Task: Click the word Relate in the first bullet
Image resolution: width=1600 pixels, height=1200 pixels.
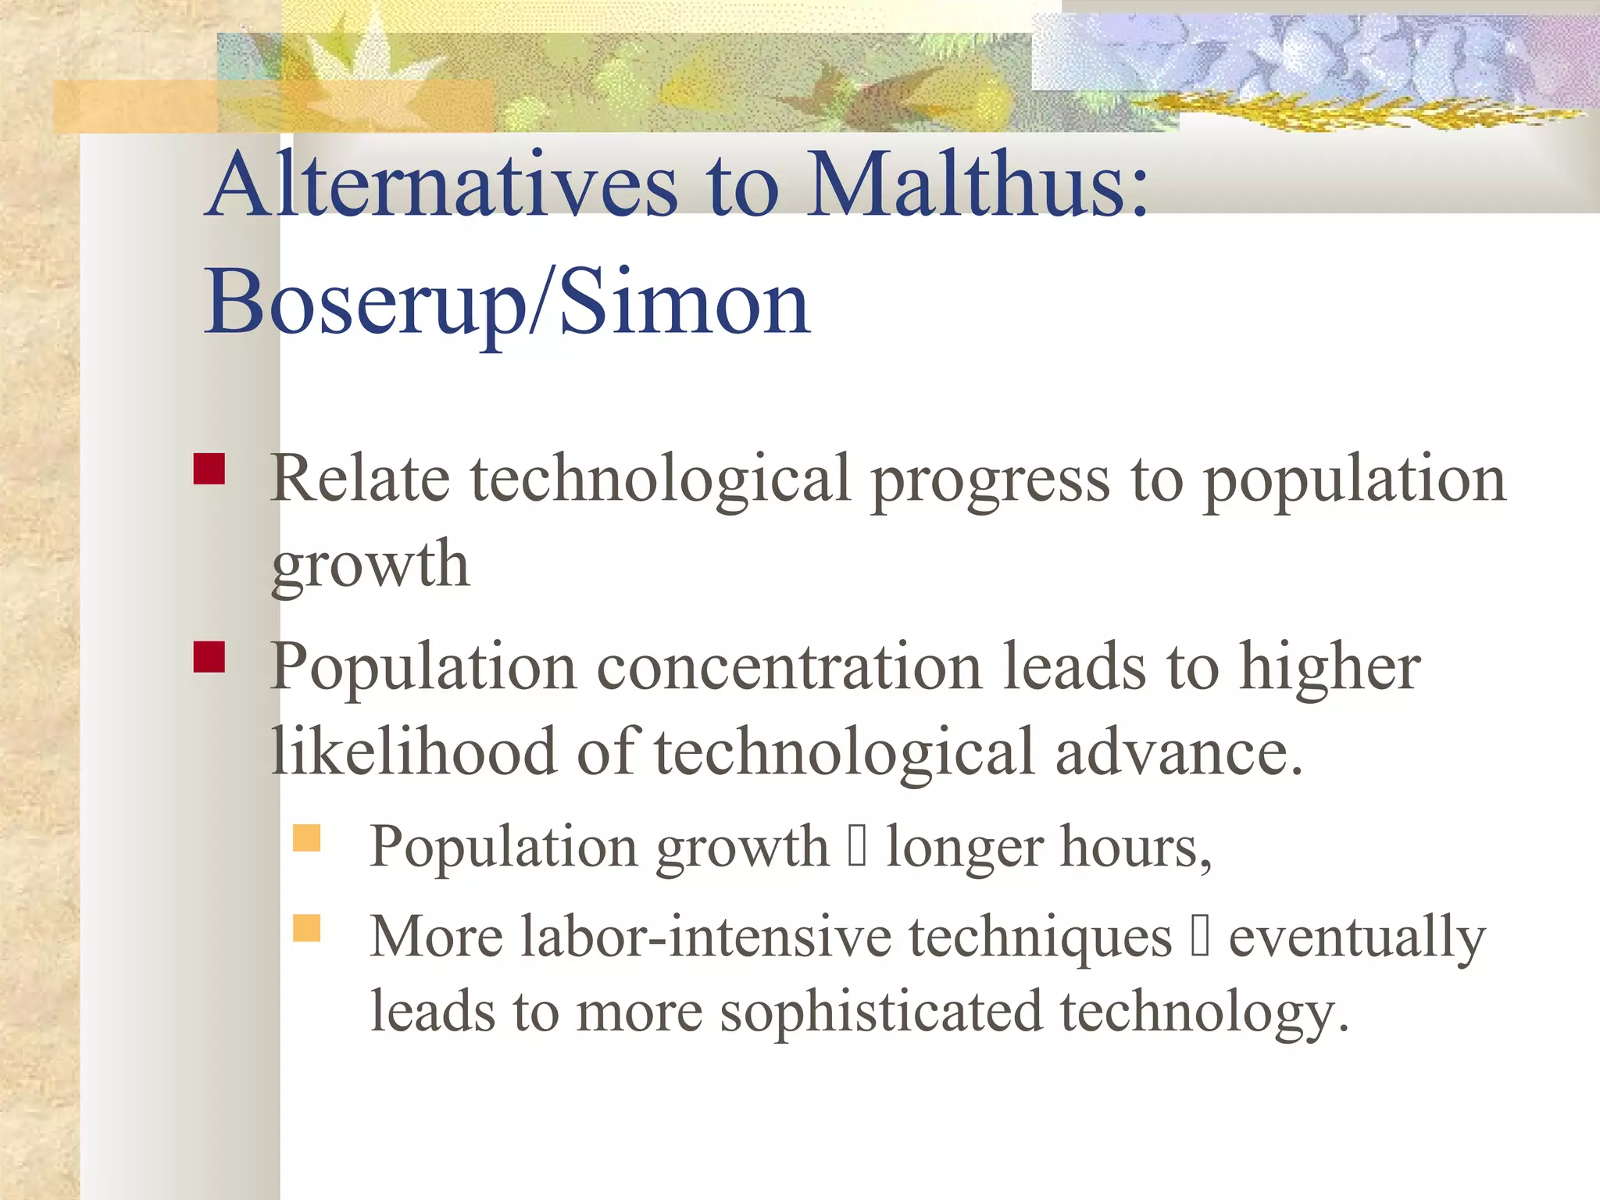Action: [x=359, y=478]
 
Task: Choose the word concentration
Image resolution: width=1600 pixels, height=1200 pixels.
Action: [x=789, y=668]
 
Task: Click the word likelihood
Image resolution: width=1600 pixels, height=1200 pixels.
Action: [x=413, y=752]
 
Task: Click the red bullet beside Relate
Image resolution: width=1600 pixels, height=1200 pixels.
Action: [x=209, y=470]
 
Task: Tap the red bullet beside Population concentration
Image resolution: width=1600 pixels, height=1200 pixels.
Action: [x=209, y=657]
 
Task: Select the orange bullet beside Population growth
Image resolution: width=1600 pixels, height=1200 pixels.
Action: [x=307, y=838]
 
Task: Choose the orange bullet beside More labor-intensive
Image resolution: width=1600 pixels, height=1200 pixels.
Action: [x=307, y=928]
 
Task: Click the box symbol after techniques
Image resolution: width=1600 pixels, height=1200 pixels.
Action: [x=1200, y=937]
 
